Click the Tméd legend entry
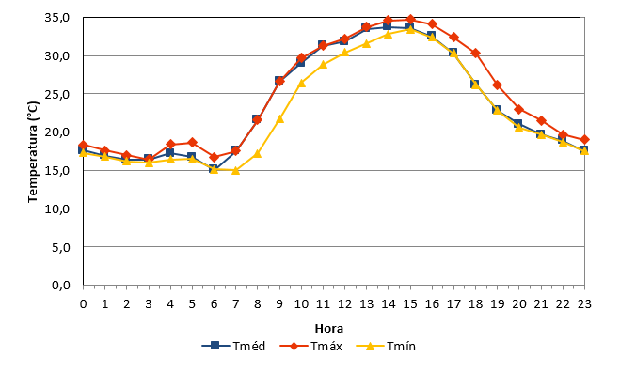click(233, 346)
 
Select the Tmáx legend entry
click(310, 346)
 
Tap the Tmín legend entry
click(386, 346)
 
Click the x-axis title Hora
click(329, 328)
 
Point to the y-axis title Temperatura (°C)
click(33, 152)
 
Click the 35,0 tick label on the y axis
click(57, 18)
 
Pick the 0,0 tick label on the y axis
click(61, 285)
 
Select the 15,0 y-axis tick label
click(57, 171)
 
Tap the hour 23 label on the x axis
click(584, 303)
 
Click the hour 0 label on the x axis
click(83, 303)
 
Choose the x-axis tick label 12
click(344, 303)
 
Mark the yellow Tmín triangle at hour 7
click(235, 170)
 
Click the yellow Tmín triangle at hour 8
click(258, 154)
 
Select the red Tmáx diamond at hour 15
click(410, 19)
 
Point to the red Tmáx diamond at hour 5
click(192, 142)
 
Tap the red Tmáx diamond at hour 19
click(498, 85)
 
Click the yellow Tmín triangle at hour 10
click(301, 83)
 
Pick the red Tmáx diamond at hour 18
click(476, 53)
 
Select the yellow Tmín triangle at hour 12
click(344, 53)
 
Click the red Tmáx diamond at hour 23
click(584, 140)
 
